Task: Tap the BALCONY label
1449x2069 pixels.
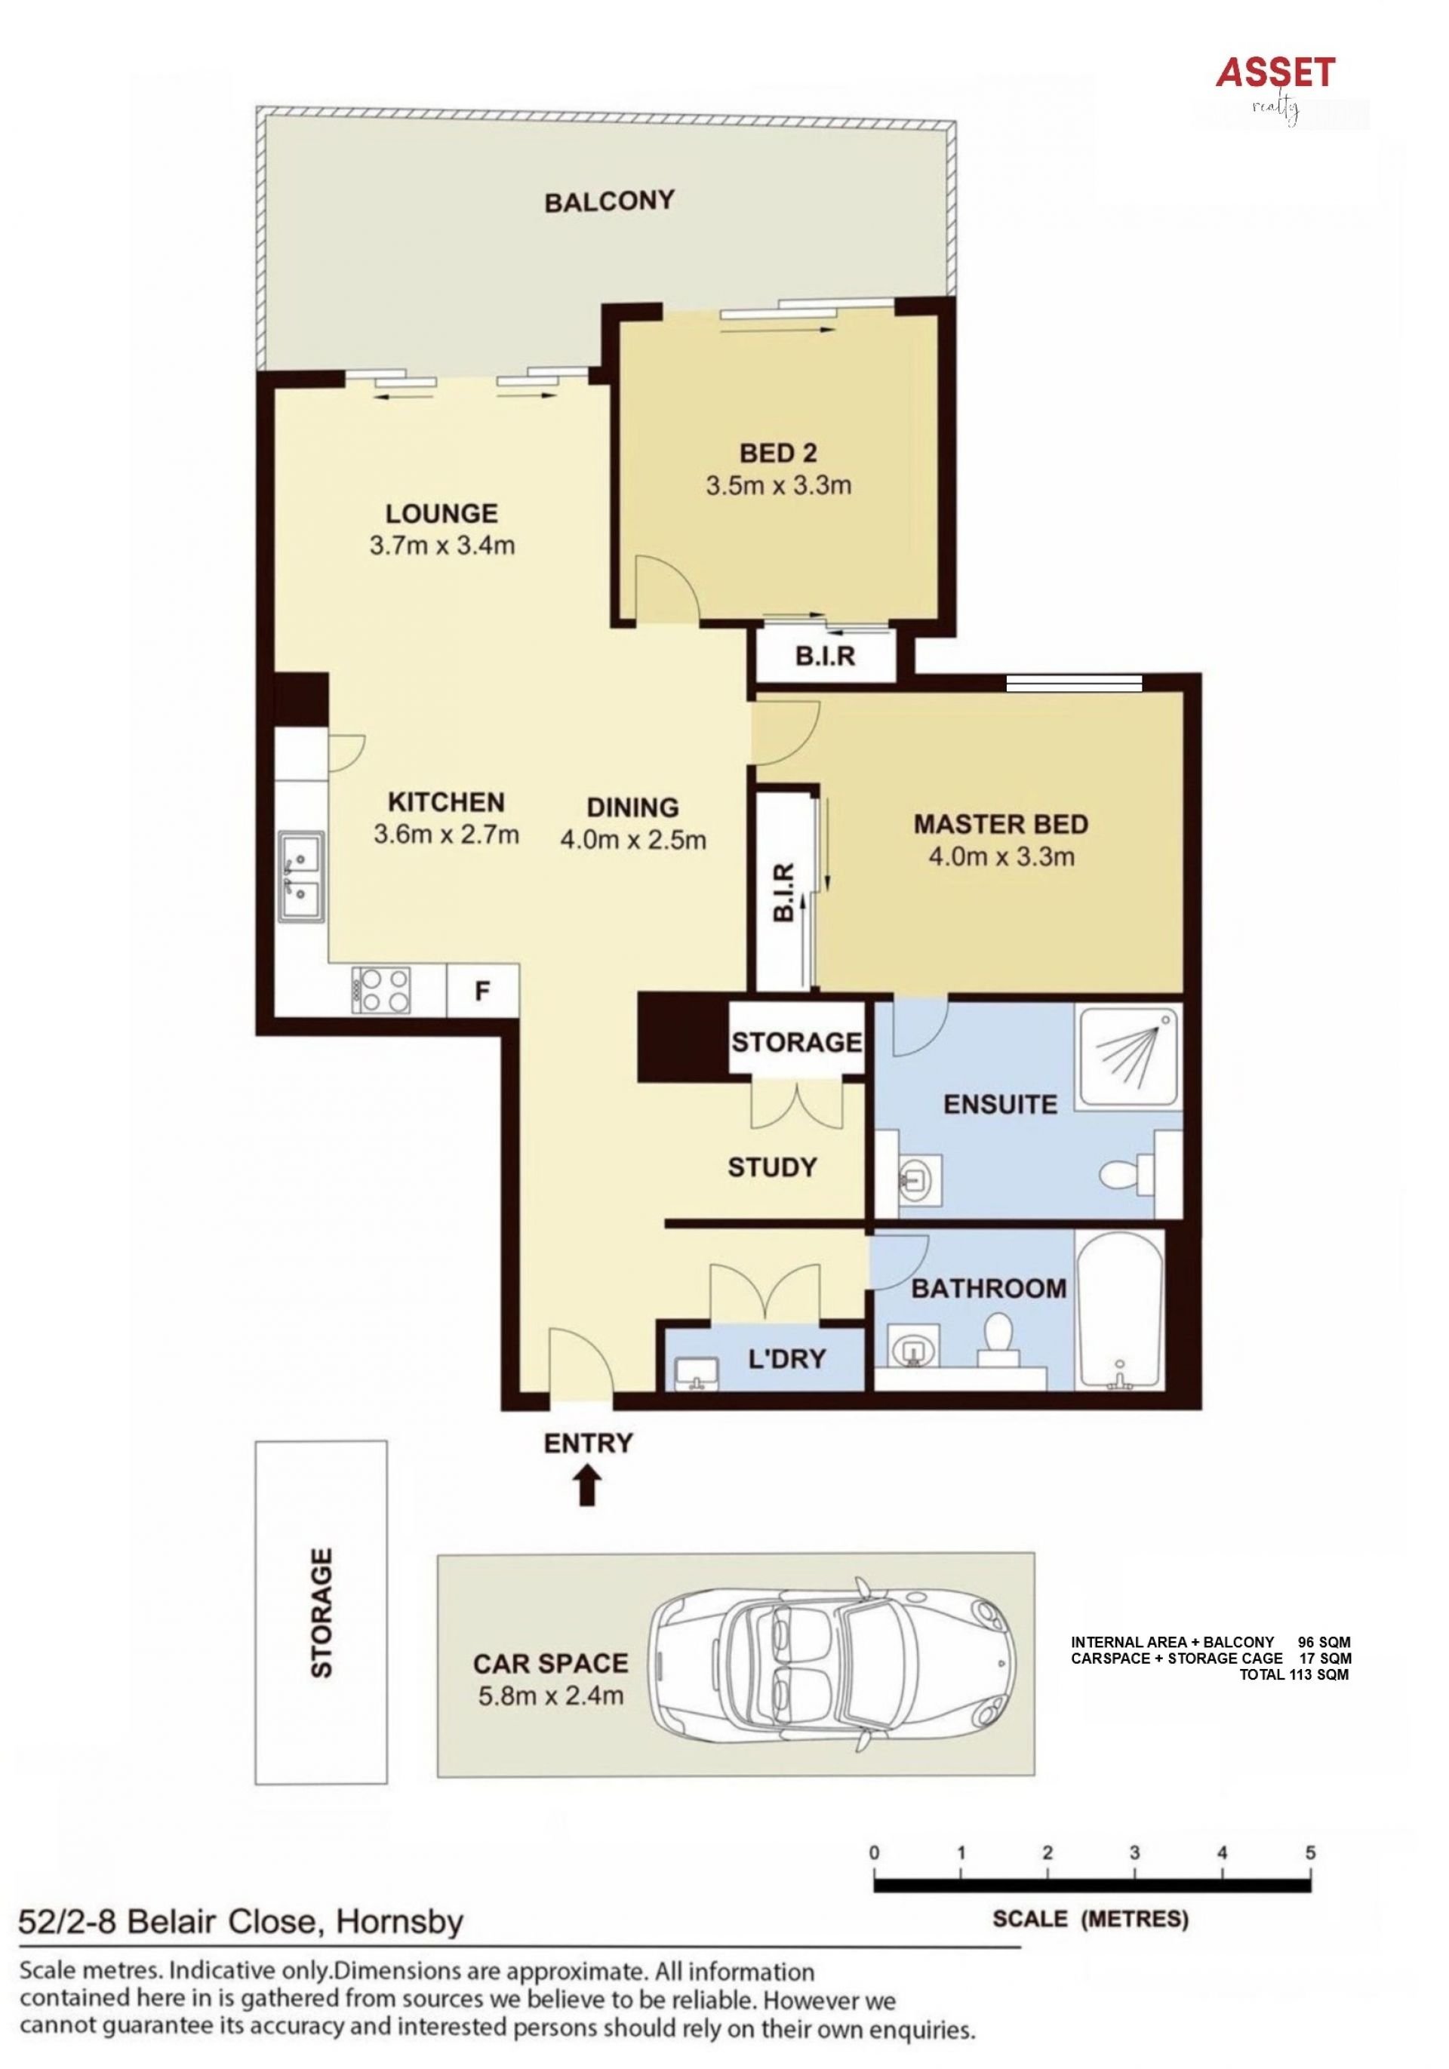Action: (x=609, y=201)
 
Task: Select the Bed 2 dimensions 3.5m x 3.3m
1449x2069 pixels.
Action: (x=779, y=486)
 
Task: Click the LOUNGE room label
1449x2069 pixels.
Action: (x=441, y=514)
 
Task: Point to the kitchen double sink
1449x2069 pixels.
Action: (x=301, y=877)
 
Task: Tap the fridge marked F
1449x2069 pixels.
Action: (x=482, y=991)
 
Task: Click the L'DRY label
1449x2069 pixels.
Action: (x=786, y=1358)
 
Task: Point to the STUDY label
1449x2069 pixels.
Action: (x=772, y=1167)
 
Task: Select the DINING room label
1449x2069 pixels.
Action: (x=632, y=807)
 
